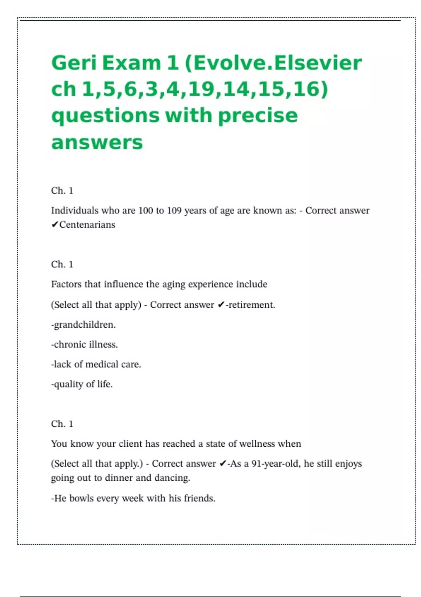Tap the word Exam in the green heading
click(132, 63)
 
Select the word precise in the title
click(258, 116)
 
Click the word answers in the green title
click(97, 142)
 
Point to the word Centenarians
click(87, 225)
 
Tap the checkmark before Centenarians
click(54, 225)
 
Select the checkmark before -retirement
click(221, 305)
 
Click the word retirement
click(252, 305)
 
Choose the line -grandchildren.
click(83, 325)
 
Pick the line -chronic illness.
click(84, 345)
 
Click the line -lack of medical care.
click(96, 365)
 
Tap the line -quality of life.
click(82, 384)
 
